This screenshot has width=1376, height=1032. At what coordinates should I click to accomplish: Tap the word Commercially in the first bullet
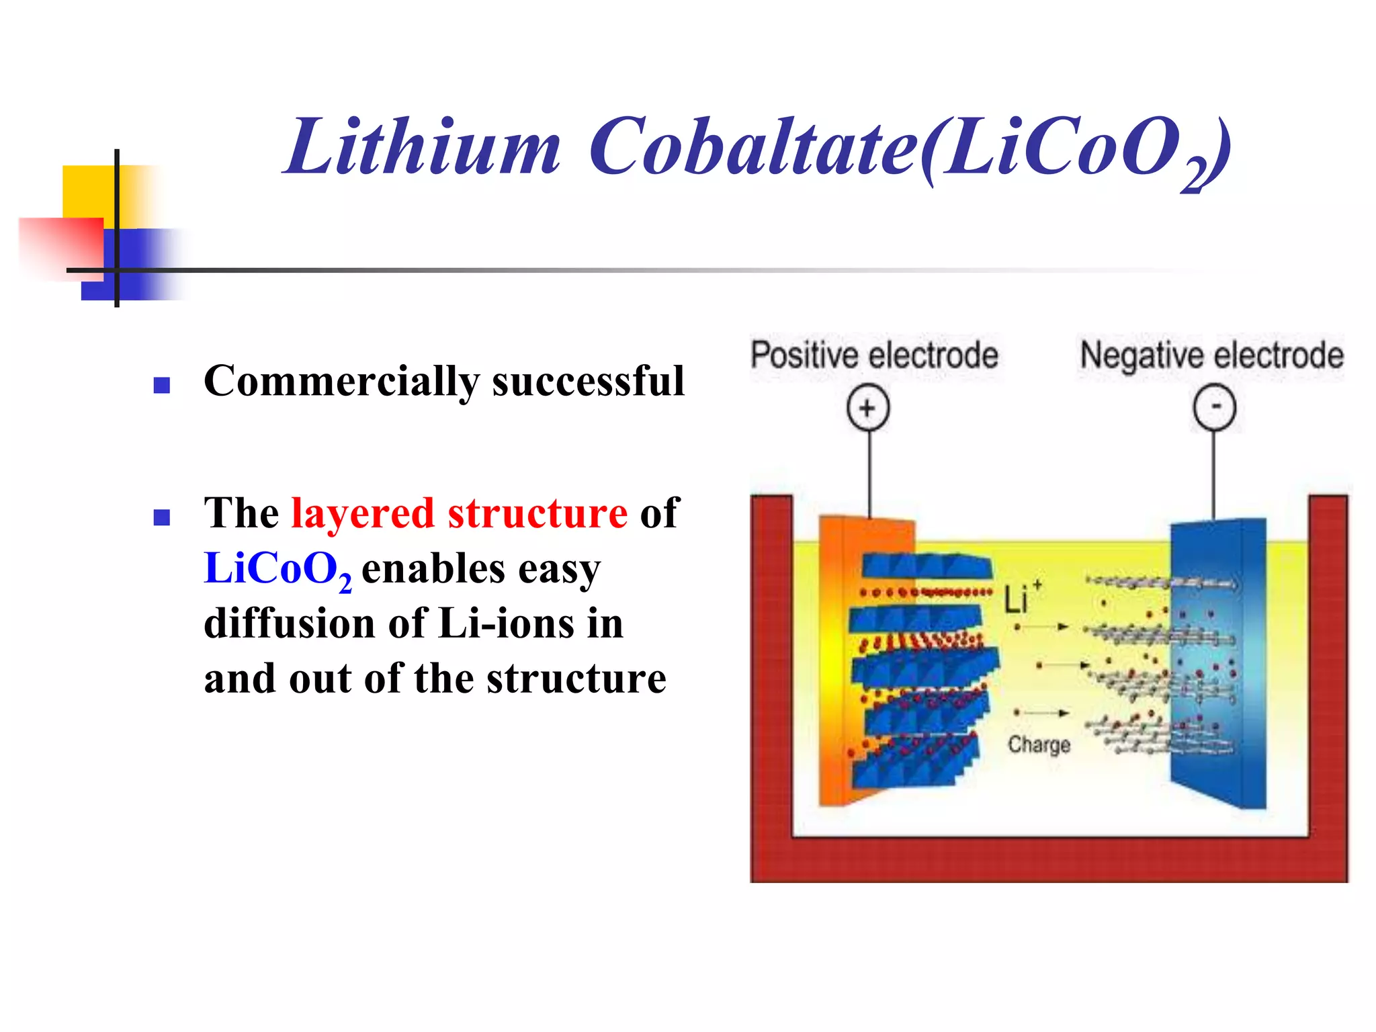coord(341,382)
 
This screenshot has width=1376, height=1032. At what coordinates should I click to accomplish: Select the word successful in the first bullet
coord(588,380)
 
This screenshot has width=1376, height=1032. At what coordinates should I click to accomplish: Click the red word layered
coord(363,514)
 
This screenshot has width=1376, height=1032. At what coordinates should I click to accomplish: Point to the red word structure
coord(537,514)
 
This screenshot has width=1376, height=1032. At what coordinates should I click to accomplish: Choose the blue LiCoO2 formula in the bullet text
coord(277,570)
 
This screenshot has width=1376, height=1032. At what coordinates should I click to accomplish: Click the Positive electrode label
coord(874,355)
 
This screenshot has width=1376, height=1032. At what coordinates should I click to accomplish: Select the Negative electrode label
coord(1211,355)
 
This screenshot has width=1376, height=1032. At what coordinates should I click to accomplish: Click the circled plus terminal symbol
coord(867,408)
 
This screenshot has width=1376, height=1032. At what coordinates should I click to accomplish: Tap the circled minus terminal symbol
coord(1214,407)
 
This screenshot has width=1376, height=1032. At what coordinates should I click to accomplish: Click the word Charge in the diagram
coord(1039,744)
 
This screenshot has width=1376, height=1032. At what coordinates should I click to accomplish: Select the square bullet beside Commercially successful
coord(161,385)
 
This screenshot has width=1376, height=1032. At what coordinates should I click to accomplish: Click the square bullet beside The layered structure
coord(161,517)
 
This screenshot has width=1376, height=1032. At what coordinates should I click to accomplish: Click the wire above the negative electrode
coord(1213,474)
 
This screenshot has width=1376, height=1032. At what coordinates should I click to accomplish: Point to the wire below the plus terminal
coord(869,474)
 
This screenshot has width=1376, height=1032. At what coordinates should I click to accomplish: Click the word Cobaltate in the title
coord(752,146)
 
